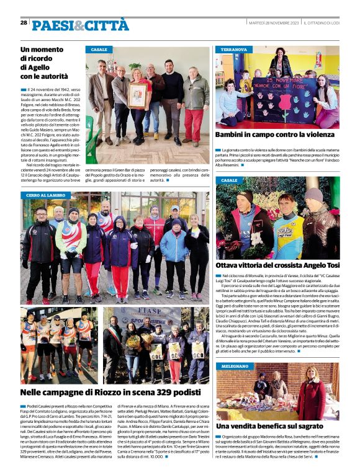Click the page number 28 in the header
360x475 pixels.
(x=24, y=23)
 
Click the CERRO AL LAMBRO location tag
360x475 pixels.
(x=46, y=195)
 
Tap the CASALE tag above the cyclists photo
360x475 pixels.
(x=229, y=180)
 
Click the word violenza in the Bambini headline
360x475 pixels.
(x=315, y=135)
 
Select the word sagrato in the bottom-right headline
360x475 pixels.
(x=308, y=427)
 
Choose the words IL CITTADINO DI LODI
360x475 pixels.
(x=321, y=23)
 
